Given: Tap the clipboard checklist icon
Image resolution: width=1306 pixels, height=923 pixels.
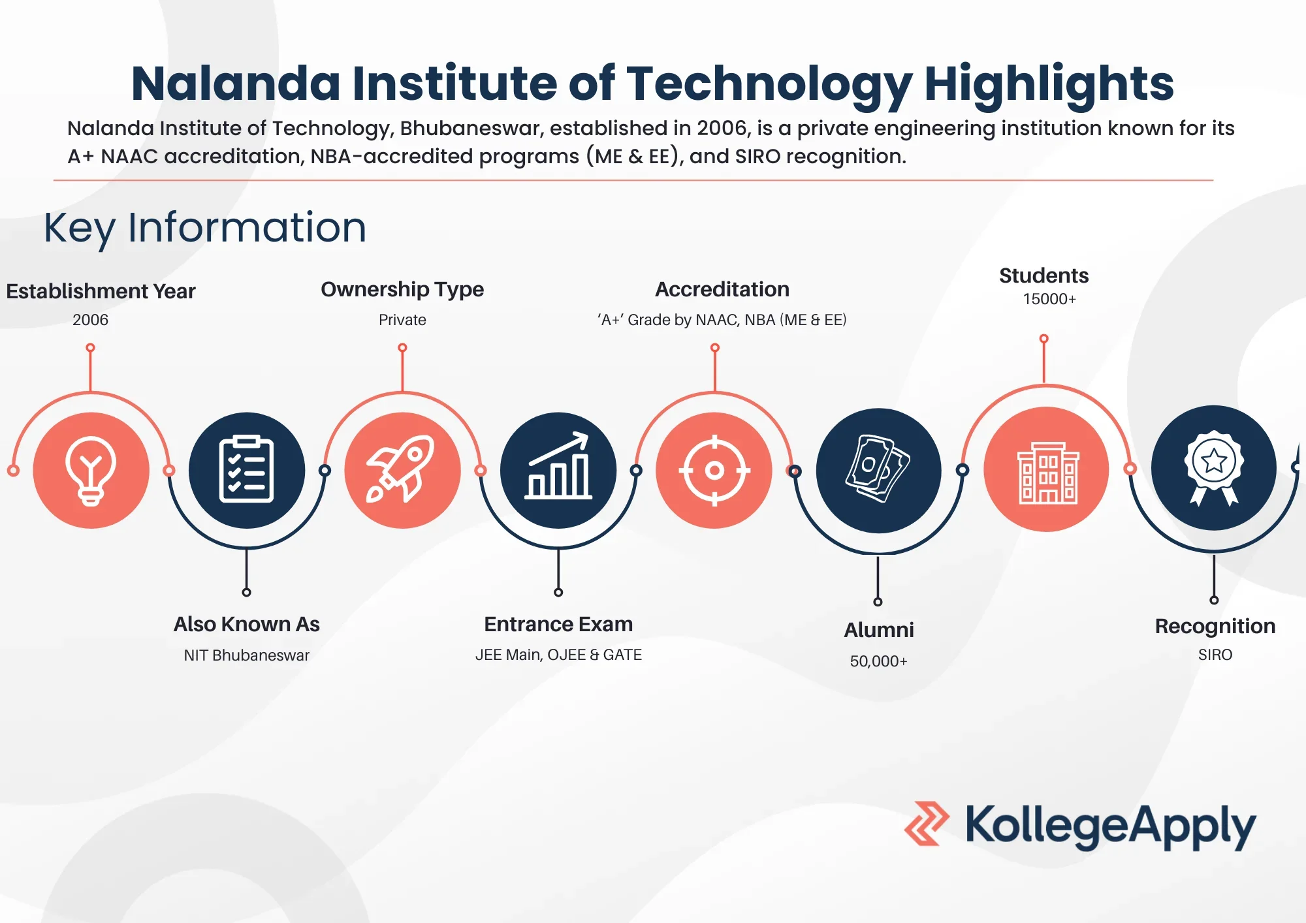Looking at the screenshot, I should click(246, 469).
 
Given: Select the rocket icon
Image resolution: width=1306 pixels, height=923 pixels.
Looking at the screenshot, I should click(402, 469).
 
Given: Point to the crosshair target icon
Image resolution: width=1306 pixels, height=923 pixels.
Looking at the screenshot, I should click(714, 470).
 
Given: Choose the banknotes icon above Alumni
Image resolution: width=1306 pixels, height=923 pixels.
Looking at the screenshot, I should click(878, 469).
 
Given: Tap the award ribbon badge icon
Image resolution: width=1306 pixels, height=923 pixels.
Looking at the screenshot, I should click(1213, 468).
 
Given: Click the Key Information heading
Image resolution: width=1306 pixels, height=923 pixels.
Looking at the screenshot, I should click(205, 228).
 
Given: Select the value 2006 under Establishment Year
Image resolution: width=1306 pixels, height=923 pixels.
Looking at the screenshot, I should click(91, 320).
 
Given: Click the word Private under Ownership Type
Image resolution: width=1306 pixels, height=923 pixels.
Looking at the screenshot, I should click(402, 320).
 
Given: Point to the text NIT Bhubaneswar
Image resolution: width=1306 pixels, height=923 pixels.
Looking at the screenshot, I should click(246, 655).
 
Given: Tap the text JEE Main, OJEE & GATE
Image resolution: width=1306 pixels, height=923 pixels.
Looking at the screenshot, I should click(558, 655).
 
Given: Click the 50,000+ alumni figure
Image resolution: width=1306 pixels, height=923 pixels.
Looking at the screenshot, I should click(878, 661).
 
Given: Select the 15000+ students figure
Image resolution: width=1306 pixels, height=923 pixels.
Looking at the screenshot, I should click(1049, 299).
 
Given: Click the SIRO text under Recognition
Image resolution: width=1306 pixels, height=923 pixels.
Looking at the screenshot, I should click(1215, 655).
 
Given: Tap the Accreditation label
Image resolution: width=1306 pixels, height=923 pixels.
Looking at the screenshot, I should click(722, 289).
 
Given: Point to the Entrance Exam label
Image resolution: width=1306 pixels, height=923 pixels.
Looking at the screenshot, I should click(558, 624).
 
